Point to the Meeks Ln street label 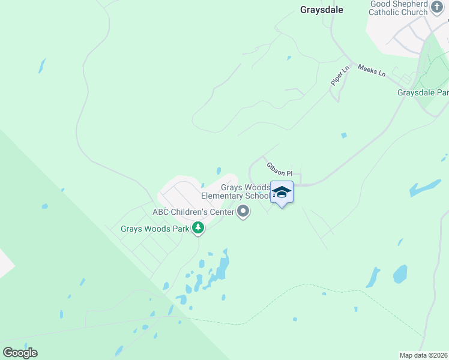[x=372, y=70]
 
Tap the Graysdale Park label [x=423, y=92]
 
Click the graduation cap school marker [x=282, y=192]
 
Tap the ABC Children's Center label [x=193, y=212]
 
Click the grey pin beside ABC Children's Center [x=243, y=212]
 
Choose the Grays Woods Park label [x=155, y=229]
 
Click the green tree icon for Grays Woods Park [x=198, y=229]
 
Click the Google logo [x=20, y=353]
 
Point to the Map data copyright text [x=424, y=355]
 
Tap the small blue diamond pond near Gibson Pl [x=344, y=136]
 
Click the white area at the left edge [x=4, y=264]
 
